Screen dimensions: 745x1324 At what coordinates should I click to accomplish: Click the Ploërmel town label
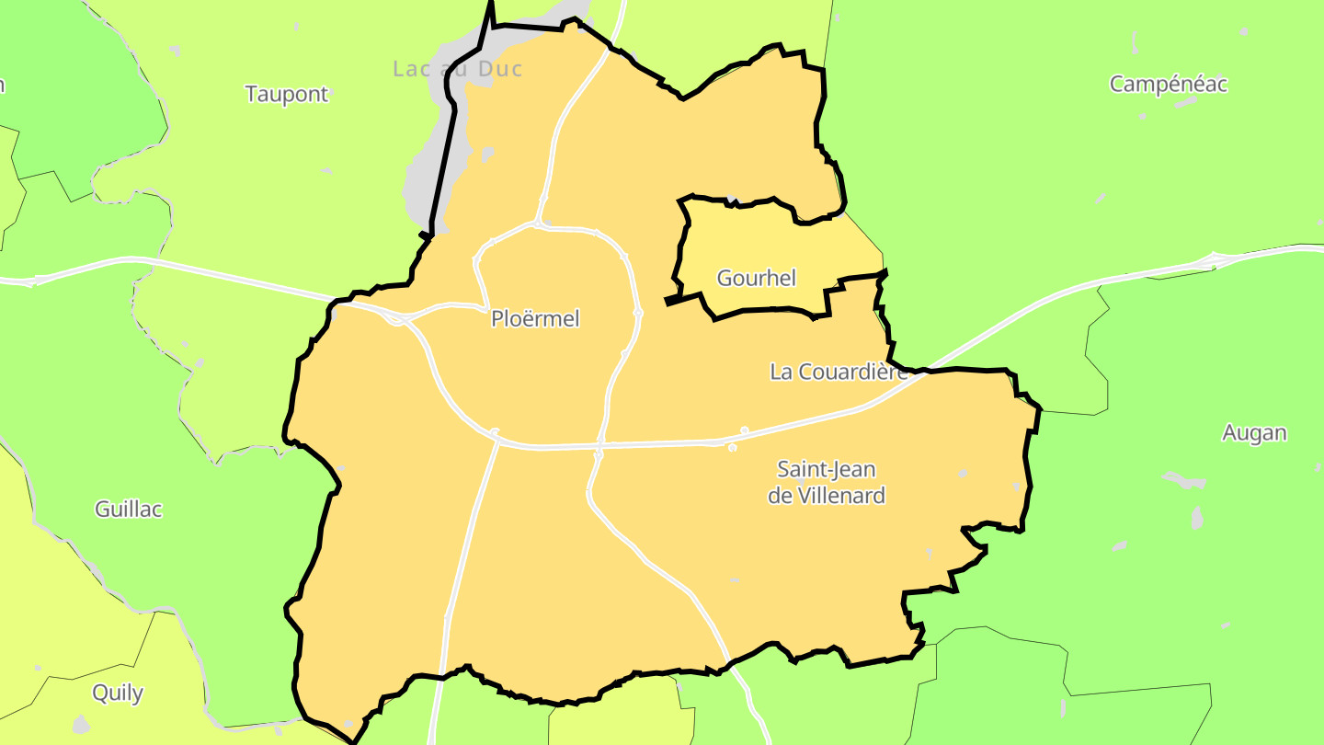(535, 319)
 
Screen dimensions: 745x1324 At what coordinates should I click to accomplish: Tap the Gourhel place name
(756, 278)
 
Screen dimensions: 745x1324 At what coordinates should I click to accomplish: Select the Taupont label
(287, 94)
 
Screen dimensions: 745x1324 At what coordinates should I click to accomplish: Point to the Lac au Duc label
(457, 69)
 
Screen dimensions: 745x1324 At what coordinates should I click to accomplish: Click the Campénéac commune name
(1169, 85)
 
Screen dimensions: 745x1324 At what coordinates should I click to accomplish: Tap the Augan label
(1254, 433)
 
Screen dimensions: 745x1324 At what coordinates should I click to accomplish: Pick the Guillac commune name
(129, 510)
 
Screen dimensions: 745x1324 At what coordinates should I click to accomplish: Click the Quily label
(118, 693)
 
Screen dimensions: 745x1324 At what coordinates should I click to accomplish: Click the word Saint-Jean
(827, 470)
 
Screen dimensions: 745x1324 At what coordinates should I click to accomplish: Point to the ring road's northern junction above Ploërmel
(538, 223)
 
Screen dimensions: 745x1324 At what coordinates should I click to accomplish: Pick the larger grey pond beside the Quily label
(81, 724)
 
